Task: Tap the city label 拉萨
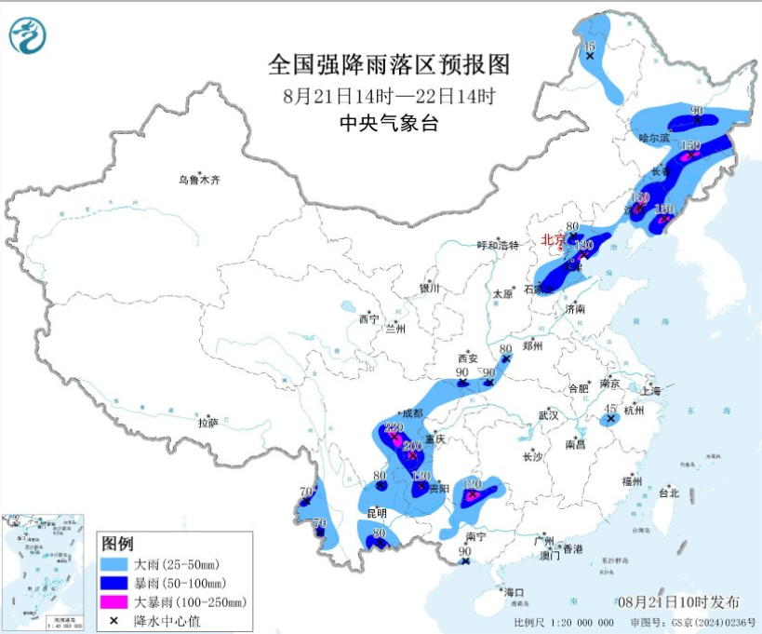pos(207,423)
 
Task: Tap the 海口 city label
pos(514,592)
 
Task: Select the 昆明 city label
pos(376,513)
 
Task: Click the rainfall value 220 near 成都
pos(394,427)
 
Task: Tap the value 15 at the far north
pos(588,46)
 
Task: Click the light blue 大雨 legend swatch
pos(118,563)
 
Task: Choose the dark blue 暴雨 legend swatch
pos(118,583)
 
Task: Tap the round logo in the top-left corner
pos(27,36)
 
